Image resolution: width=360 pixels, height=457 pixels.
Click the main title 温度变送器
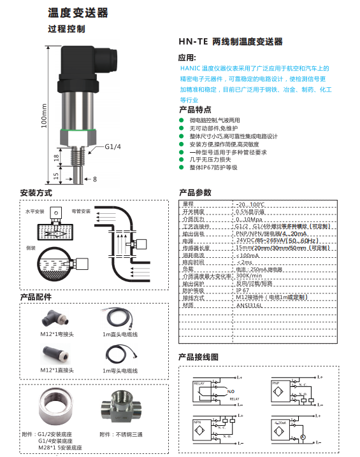pos(78,13)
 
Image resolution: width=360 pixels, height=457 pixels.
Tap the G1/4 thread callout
pos(112,148)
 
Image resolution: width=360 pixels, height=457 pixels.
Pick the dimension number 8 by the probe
pos(94,179)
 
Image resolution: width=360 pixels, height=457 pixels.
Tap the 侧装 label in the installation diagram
pos(30,247)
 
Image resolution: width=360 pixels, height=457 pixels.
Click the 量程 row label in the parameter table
pos(188,203)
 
